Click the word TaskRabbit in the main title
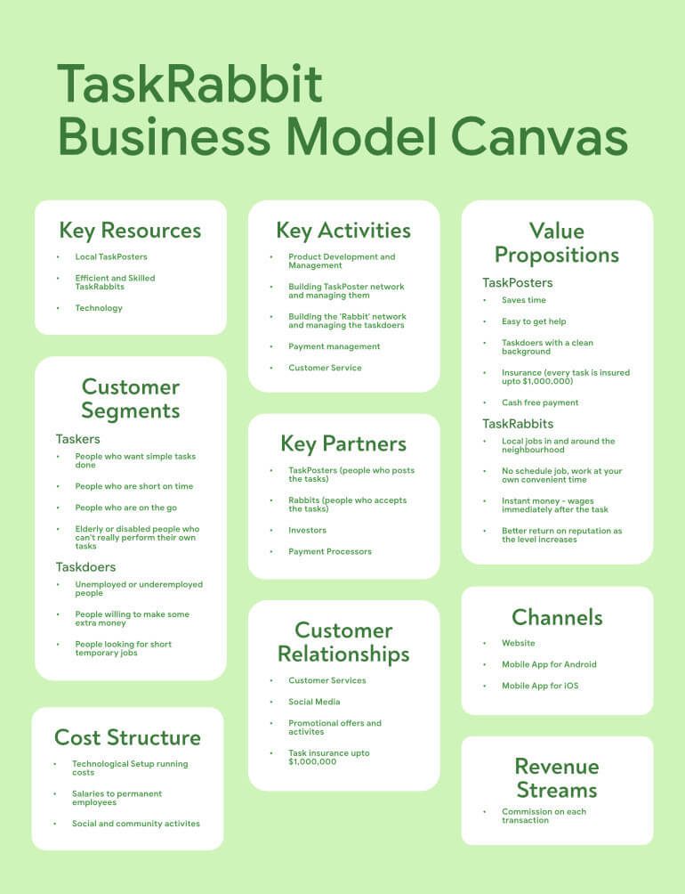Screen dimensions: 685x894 tap(190, 83)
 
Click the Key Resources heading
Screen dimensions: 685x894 tap(131, 231)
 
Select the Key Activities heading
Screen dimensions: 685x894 tap(343, 231)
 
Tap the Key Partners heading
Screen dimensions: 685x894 tap(343, 444)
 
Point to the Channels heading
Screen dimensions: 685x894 tap(557, 617)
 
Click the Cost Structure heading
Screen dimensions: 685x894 tap(127, 737)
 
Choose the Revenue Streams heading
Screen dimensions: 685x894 tap(557, 778)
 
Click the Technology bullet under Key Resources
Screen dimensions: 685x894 tap(99, 308)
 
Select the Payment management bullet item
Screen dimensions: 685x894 tap(334, 346)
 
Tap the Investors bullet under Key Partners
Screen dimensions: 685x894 tap(308, 530)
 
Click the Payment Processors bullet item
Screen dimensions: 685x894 tap(330, 551)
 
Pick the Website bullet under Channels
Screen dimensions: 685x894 tap(518, 643)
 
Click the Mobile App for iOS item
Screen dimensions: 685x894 tap(540, 686)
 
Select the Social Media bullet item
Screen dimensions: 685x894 tap(314, 702)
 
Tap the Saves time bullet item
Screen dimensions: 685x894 tap(524, 300)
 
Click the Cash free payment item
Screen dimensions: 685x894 tap(540, 402)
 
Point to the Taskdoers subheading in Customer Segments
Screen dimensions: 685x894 tap(86, 566)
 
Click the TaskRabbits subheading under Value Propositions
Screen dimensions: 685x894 tap(518, 424)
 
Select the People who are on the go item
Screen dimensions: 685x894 tap(125, 508)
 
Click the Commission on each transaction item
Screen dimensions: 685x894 tap(544, 816)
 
